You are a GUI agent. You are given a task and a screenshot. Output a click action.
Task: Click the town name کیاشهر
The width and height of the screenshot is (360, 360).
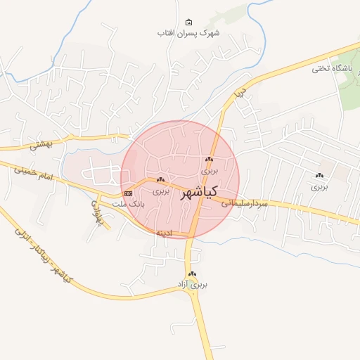[x=198, y=192]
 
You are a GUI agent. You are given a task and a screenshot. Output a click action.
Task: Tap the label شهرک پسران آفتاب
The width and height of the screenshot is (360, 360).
[x=188, y=33]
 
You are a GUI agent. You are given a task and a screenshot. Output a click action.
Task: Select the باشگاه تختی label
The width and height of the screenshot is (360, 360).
[x=330, y=69]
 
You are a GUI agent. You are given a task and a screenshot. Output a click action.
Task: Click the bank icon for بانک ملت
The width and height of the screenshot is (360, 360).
[x=128, y=193]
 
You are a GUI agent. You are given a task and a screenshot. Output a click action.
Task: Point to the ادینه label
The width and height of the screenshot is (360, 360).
[x=163, y=232]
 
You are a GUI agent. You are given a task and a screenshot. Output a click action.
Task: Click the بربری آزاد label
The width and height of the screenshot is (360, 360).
[x=192, y=285]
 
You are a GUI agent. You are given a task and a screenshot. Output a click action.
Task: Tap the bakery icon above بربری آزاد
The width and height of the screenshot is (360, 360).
[x=192, y=274]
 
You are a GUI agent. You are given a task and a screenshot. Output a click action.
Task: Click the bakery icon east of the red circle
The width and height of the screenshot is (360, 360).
[x=320, y=176]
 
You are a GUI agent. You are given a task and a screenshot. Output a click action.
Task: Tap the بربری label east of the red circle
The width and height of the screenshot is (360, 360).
[x=320, y=187]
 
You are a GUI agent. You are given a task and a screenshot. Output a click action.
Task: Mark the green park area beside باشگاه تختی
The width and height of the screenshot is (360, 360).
[x=349, y=88]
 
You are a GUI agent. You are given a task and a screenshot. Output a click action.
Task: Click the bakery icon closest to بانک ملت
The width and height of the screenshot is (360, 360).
[x=161, y=180]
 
